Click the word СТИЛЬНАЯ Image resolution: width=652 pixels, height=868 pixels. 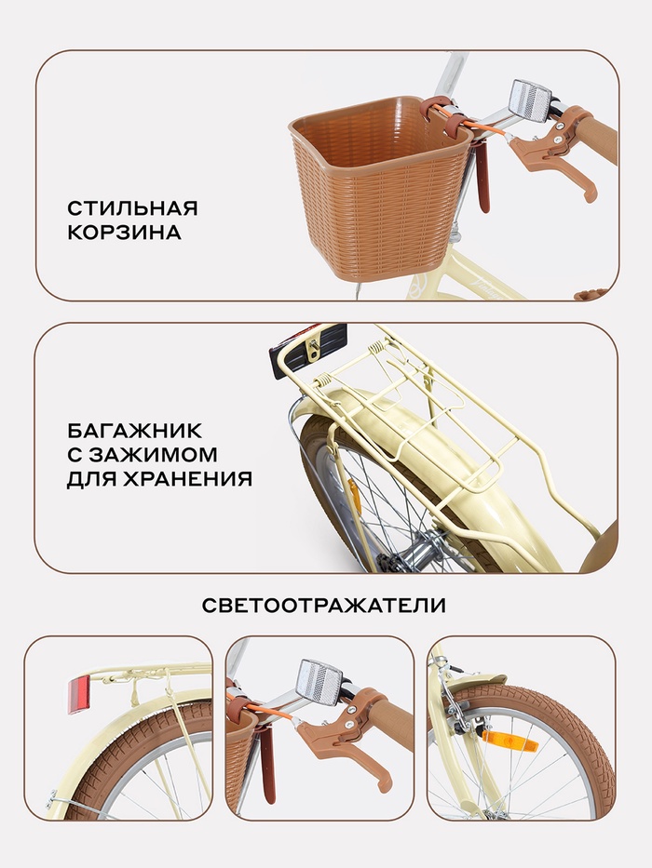[132, 208]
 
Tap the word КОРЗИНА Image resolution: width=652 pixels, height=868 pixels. [124, 233]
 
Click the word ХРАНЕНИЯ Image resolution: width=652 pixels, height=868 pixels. [179, 478]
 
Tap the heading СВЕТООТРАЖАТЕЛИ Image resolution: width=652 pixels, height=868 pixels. [324, 605]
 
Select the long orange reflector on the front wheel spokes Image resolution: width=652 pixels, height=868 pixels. [502, 740]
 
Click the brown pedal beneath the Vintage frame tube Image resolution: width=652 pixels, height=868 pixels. [595, 294]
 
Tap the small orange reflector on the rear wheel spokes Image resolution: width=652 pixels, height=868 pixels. [353, 497]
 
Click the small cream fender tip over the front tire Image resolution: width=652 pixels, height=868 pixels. [488, 680]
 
